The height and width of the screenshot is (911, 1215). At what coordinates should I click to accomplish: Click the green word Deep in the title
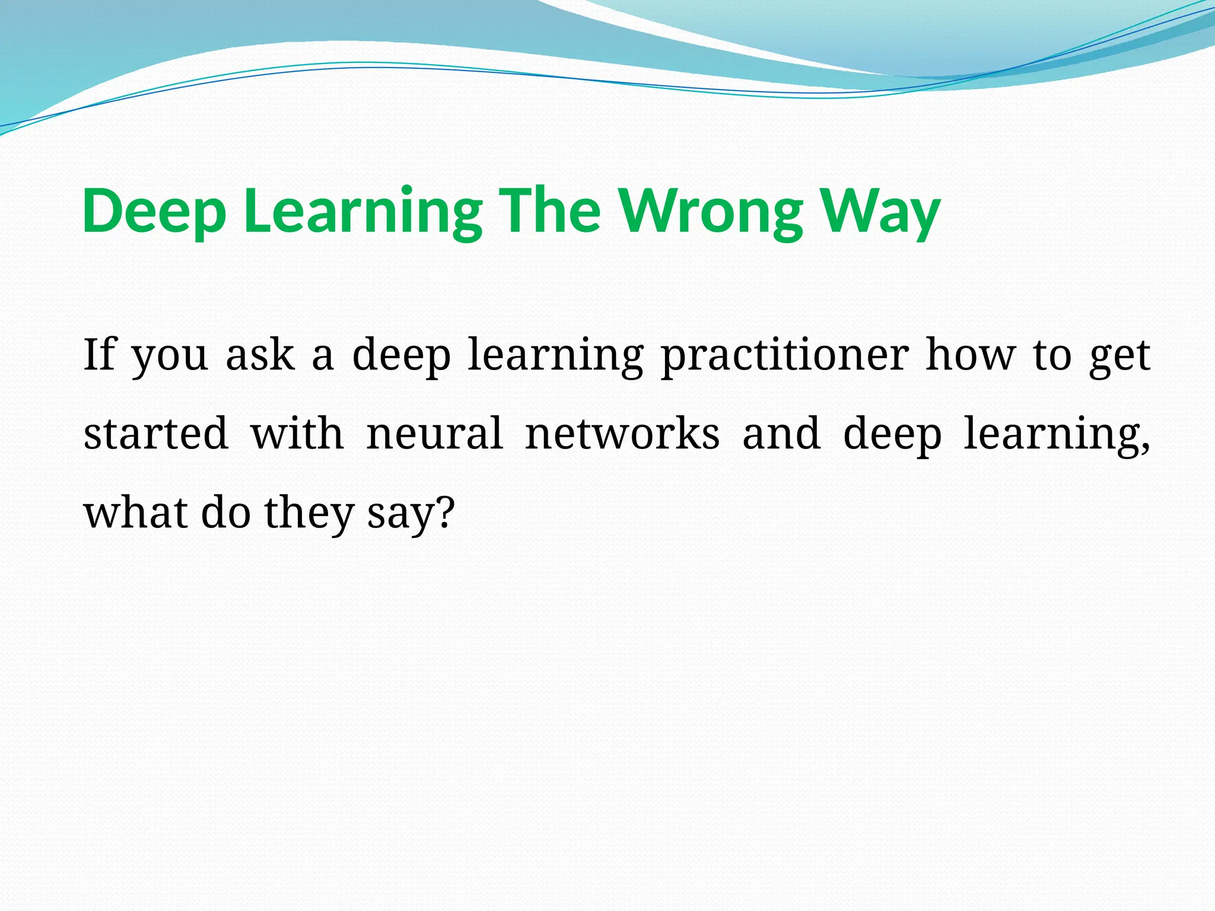pyautogui.click(x=154, y=212)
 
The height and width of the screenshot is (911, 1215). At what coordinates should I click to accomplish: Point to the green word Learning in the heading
pyautogui.click(x=362, y=212)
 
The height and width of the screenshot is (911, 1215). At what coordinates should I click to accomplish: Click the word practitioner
pyautogui.click(x=784, y=356)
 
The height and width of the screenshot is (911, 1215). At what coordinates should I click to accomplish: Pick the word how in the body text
pyautogui.click(x=971, y=355)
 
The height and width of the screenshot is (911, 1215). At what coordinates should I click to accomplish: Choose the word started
pyautogui.click(x=156, y=434)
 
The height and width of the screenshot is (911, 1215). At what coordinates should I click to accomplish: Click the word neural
pyautogui.click(x=435, y=434)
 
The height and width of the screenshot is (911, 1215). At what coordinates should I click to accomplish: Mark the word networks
pyautogui.click(x=622, y=434)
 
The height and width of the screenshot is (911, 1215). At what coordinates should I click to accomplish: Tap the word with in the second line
pyautogui.click(x=297, y=434)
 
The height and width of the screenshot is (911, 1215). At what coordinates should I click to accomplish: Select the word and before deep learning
pyautogui.click(x=782, y=434)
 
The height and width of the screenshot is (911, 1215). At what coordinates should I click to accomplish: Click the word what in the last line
pyautogui.click(x=135, y=512)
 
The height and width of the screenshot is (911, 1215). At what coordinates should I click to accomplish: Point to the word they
pyautogui.click(x=308, y=514)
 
